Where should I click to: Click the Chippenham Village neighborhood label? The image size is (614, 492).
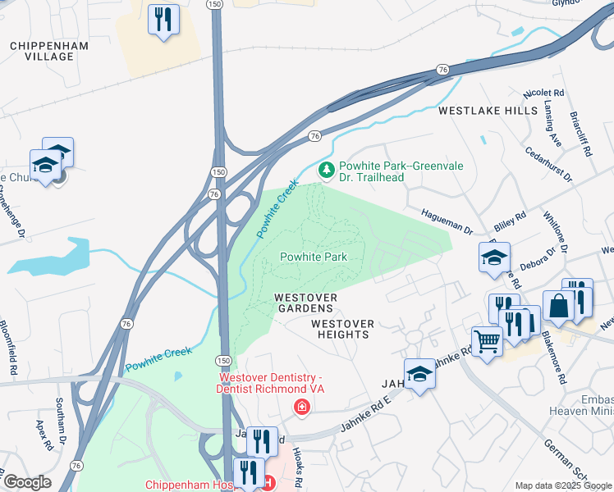pyautogui.click(x=42, y=51)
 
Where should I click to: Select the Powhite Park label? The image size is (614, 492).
pyautogui.click(x=314, y=257)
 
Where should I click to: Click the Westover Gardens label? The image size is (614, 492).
pyautogui.click(x=304, y=302)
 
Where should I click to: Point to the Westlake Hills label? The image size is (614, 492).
pyautogui.click(x=488, y=110)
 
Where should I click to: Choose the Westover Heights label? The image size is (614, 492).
pyautogui.click(x=342, y=329)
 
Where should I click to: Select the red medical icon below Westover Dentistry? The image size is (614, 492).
pyautogui.click(x=302, y=407)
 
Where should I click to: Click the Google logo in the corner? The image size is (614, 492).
pyautogui.click(x=26, y=482)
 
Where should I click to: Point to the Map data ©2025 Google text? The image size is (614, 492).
pyautogui.click(x=562, y=485)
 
